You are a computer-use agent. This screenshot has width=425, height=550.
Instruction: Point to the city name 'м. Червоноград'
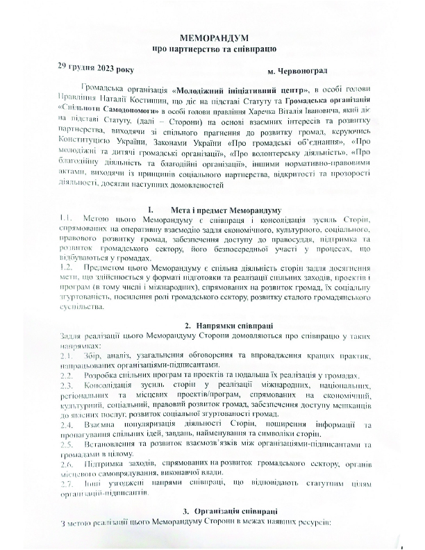[x=297, y=72]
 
